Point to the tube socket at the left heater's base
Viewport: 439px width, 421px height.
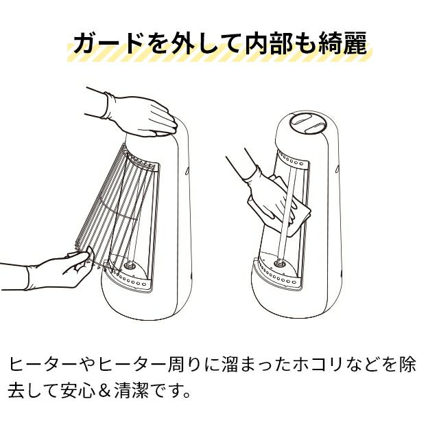point(130,265)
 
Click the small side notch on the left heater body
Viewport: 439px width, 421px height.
point(187,170)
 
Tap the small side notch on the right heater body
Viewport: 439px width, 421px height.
point(337,169)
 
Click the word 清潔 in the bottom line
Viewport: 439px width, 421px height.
point(131,391)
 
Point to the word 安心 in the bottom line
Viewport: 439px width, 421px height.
point(78,391)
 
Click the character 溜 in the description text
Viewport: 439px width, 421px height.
point(230,365)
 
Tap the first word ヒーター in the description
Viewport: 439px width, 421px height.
point(42,365)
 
